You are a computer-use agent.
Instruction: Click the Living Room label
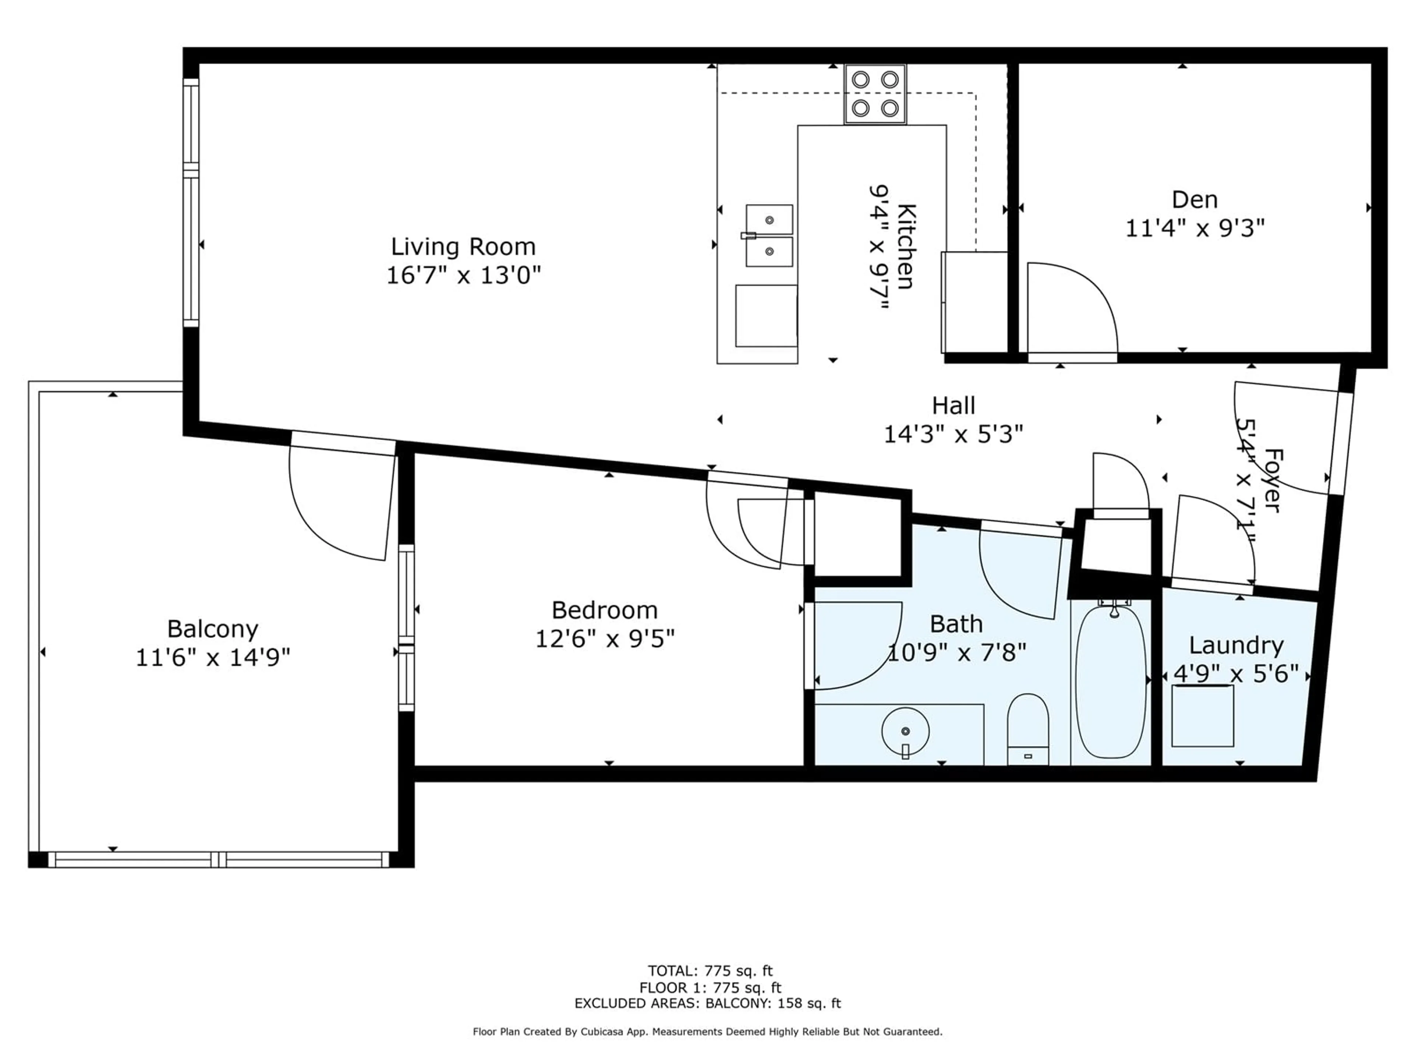tap(463, 247)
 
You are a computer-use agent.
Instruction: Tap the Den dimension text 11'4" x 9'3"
tap(1195, 228)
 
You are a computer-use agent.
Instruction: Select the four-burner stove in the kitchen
tap(875, 94)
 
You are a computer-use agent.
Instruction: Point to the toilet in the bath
tap(1028, 729)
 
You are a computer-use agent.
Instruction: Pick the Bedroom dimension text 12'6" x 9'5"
tap(605, 638)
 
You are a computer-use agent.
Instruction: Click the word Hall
tap(953, 406)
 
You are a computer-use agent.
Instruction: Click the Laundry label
tap(1236, 645)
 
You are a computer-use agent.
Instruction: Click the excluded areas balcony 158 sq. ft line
tap(707, 1003)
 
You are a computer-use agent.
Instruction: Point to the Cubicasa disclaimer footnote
tap(707, 1032)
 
